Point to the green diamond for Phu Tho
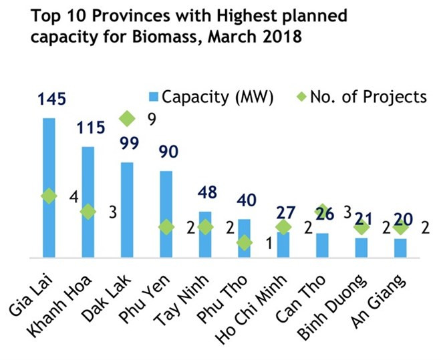tap(245, 243)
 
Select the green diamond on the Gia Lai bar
tap(49, 196)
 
